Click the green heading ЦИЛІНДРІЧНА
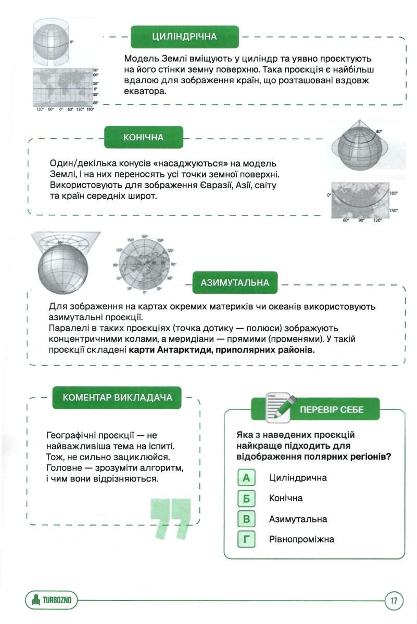click(x=184, y=37)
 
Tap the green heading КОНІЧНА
click(x=143, y=137)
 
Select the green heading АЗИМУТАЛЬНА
click(x=235, y=283)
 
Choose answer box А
click(x=246, y=477)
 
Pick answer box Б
click(x=246, y=498)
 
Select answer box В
click(x=246, y=519)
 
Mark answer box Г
click(x=246, y=540)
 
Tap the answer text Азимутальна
click(x=298, y=519)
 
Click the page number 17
click(x=394, y=602)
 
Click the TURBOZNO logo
click(x=51, y=602)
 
